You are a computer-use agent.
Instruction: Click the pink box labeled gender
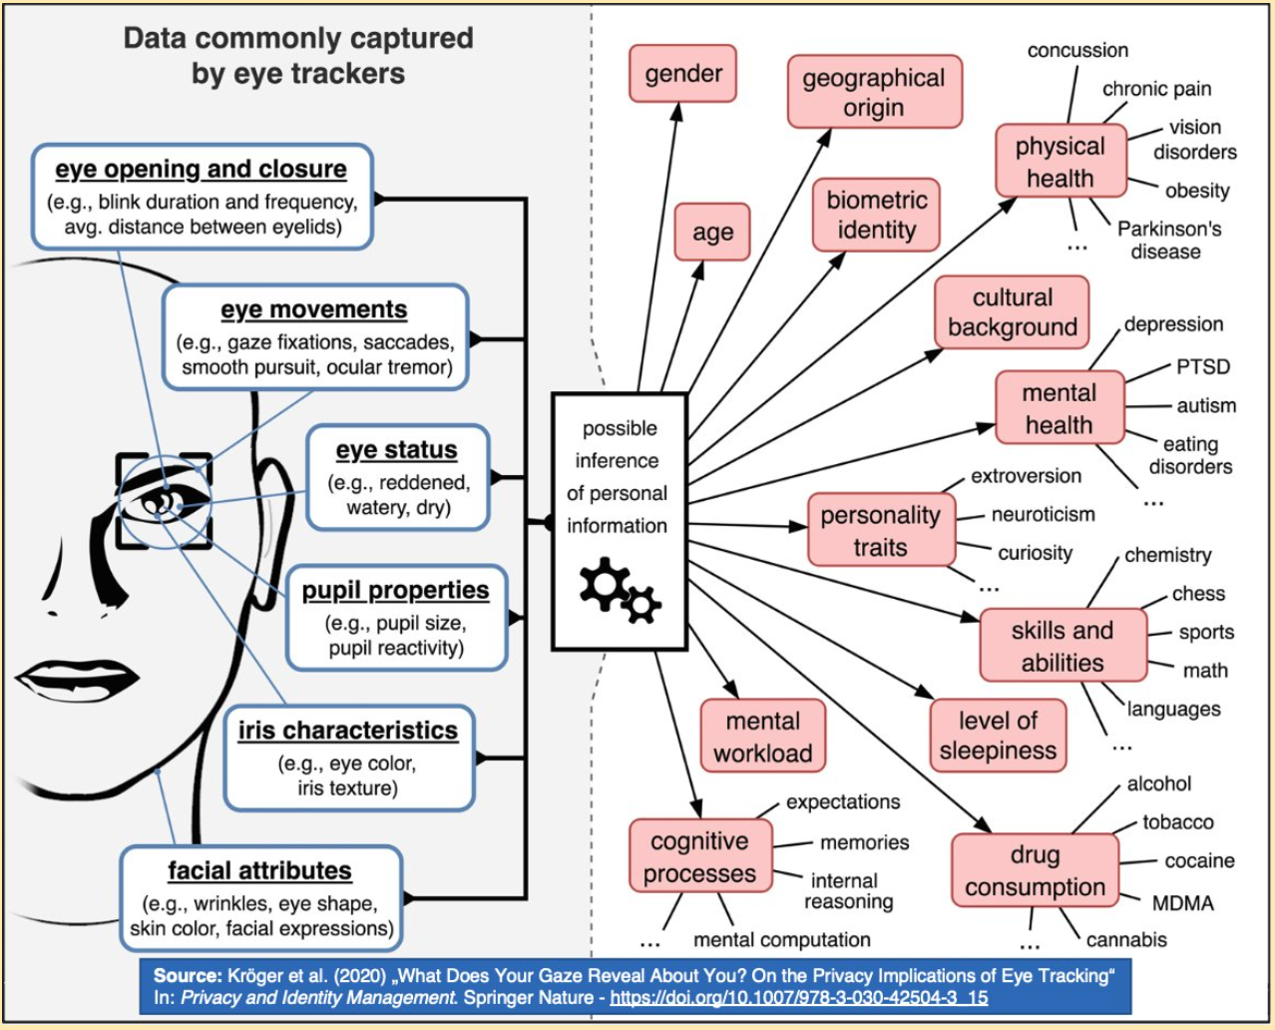click(682, 74)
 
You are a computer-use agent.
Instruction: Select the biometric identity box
click(877, 215)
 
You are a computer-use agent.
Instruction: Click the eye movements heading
click(314, 310)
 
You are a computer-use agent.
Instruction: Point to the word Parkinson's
click(1168, 229)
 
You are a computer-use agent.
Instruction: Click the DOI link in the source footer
click(798, 997)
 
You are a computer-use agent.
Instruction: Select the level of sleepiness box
click(998, 736)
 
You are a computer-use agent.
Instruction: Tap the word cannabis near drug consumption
click(1126, 939)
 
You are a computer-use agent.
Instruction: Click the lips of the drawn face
click(75, 679)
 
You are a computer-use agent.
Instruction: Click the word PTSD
click(1202, 366)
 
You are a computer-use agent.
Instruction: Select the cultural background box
click(1012, 312)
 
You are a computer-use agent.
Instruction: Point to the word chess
click(1198, 594)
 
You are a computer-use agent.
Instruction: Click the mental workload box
click(762, 737)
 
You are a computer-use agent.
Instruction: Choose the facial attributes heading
click(259, 871)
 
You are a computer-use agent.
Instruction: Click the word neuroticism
click(1043, 514)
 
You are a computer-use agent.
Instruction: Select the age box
click(712, 233)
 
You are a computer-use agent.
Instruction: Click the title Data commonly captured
click(298, 39)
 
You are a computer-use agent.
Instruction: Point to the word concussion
click(1077, 50)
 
